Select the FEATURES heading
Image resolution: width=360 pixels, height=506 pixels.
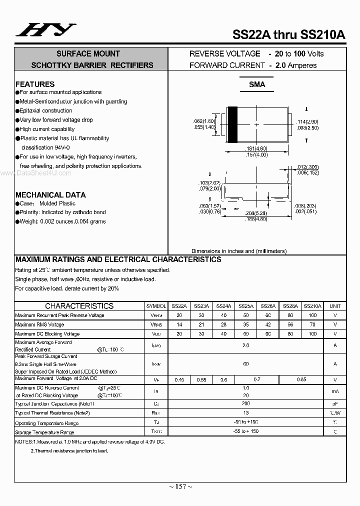[x=35, y=84]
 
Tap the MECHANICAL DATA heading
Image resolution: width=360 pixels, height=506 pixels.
[x=50, y=194]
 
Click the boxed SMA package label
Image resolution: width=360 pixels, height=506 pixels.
[x=257, y=84]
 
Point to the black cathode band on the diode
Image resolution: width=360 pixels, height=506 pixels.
[x=232, y=124]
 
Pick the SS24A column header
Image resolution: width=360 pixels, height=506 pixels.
[x=223, y=306]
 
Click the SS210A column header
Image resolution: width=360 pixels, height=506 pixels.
[x=312, y=306]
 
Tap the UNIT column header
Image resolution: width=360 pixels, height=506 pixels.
[x=335, y=306]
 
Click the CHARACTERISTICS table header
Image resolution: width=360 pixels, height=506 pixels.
[x=79, y=306]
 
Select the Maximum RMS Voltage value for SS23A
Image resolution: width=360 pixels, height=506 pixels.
[x=201, y=324]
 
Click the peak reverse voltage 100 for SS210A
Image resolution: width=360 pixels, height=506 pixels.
[x=312, y=315]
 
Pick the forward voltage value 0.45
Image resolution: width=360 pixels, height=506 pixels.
[x=179, y=380]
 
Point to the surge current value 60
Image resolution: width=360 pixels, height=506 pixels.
[x=245, y=364]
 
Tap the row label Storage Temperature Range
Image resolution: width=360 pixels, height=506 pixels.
[x=44, y=432]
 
